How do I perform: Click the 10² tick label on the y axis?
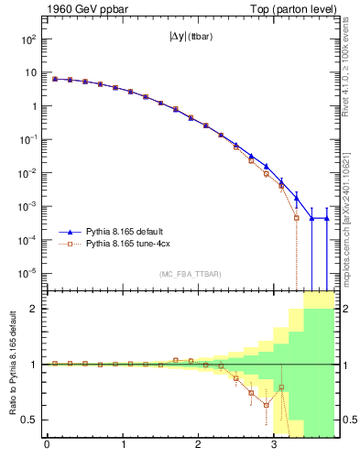pos(28,39)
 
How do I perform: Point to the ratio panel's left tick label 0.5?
pos(31,420)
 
